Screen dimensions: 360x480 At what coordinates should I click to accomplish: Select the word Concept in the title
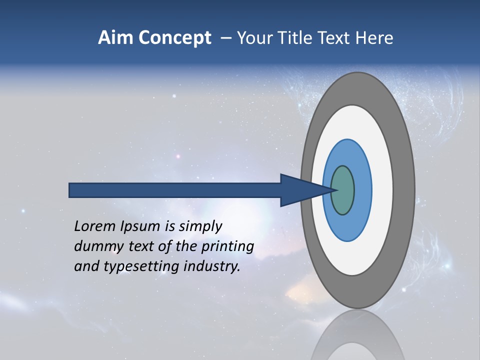coord(174,38)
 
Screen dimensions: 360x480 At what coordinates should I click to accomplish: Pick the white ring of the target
coord(382,190)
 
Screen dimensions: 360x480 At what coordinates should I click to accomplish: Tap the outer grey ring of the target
coord(404,190)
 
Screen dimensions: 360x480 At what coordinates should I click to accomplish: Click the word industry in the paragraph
coord(211,266)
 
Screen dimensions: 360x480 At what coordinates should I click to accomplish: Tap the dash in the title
coord(226,38)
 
